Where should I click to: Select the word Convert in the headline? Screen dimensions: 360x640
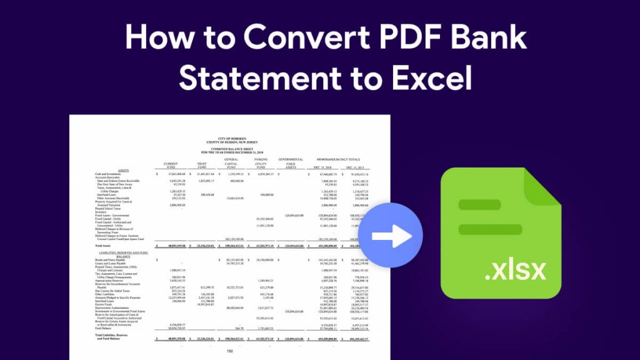[301, 39]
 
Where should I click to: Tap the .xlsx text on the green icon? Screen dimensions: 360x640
[516, 271]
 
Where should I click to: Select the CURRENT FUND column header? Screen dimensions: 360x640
[171, 166]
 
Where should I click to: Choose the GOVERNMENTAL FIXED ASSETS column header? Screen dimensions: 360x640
[291, 164]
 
